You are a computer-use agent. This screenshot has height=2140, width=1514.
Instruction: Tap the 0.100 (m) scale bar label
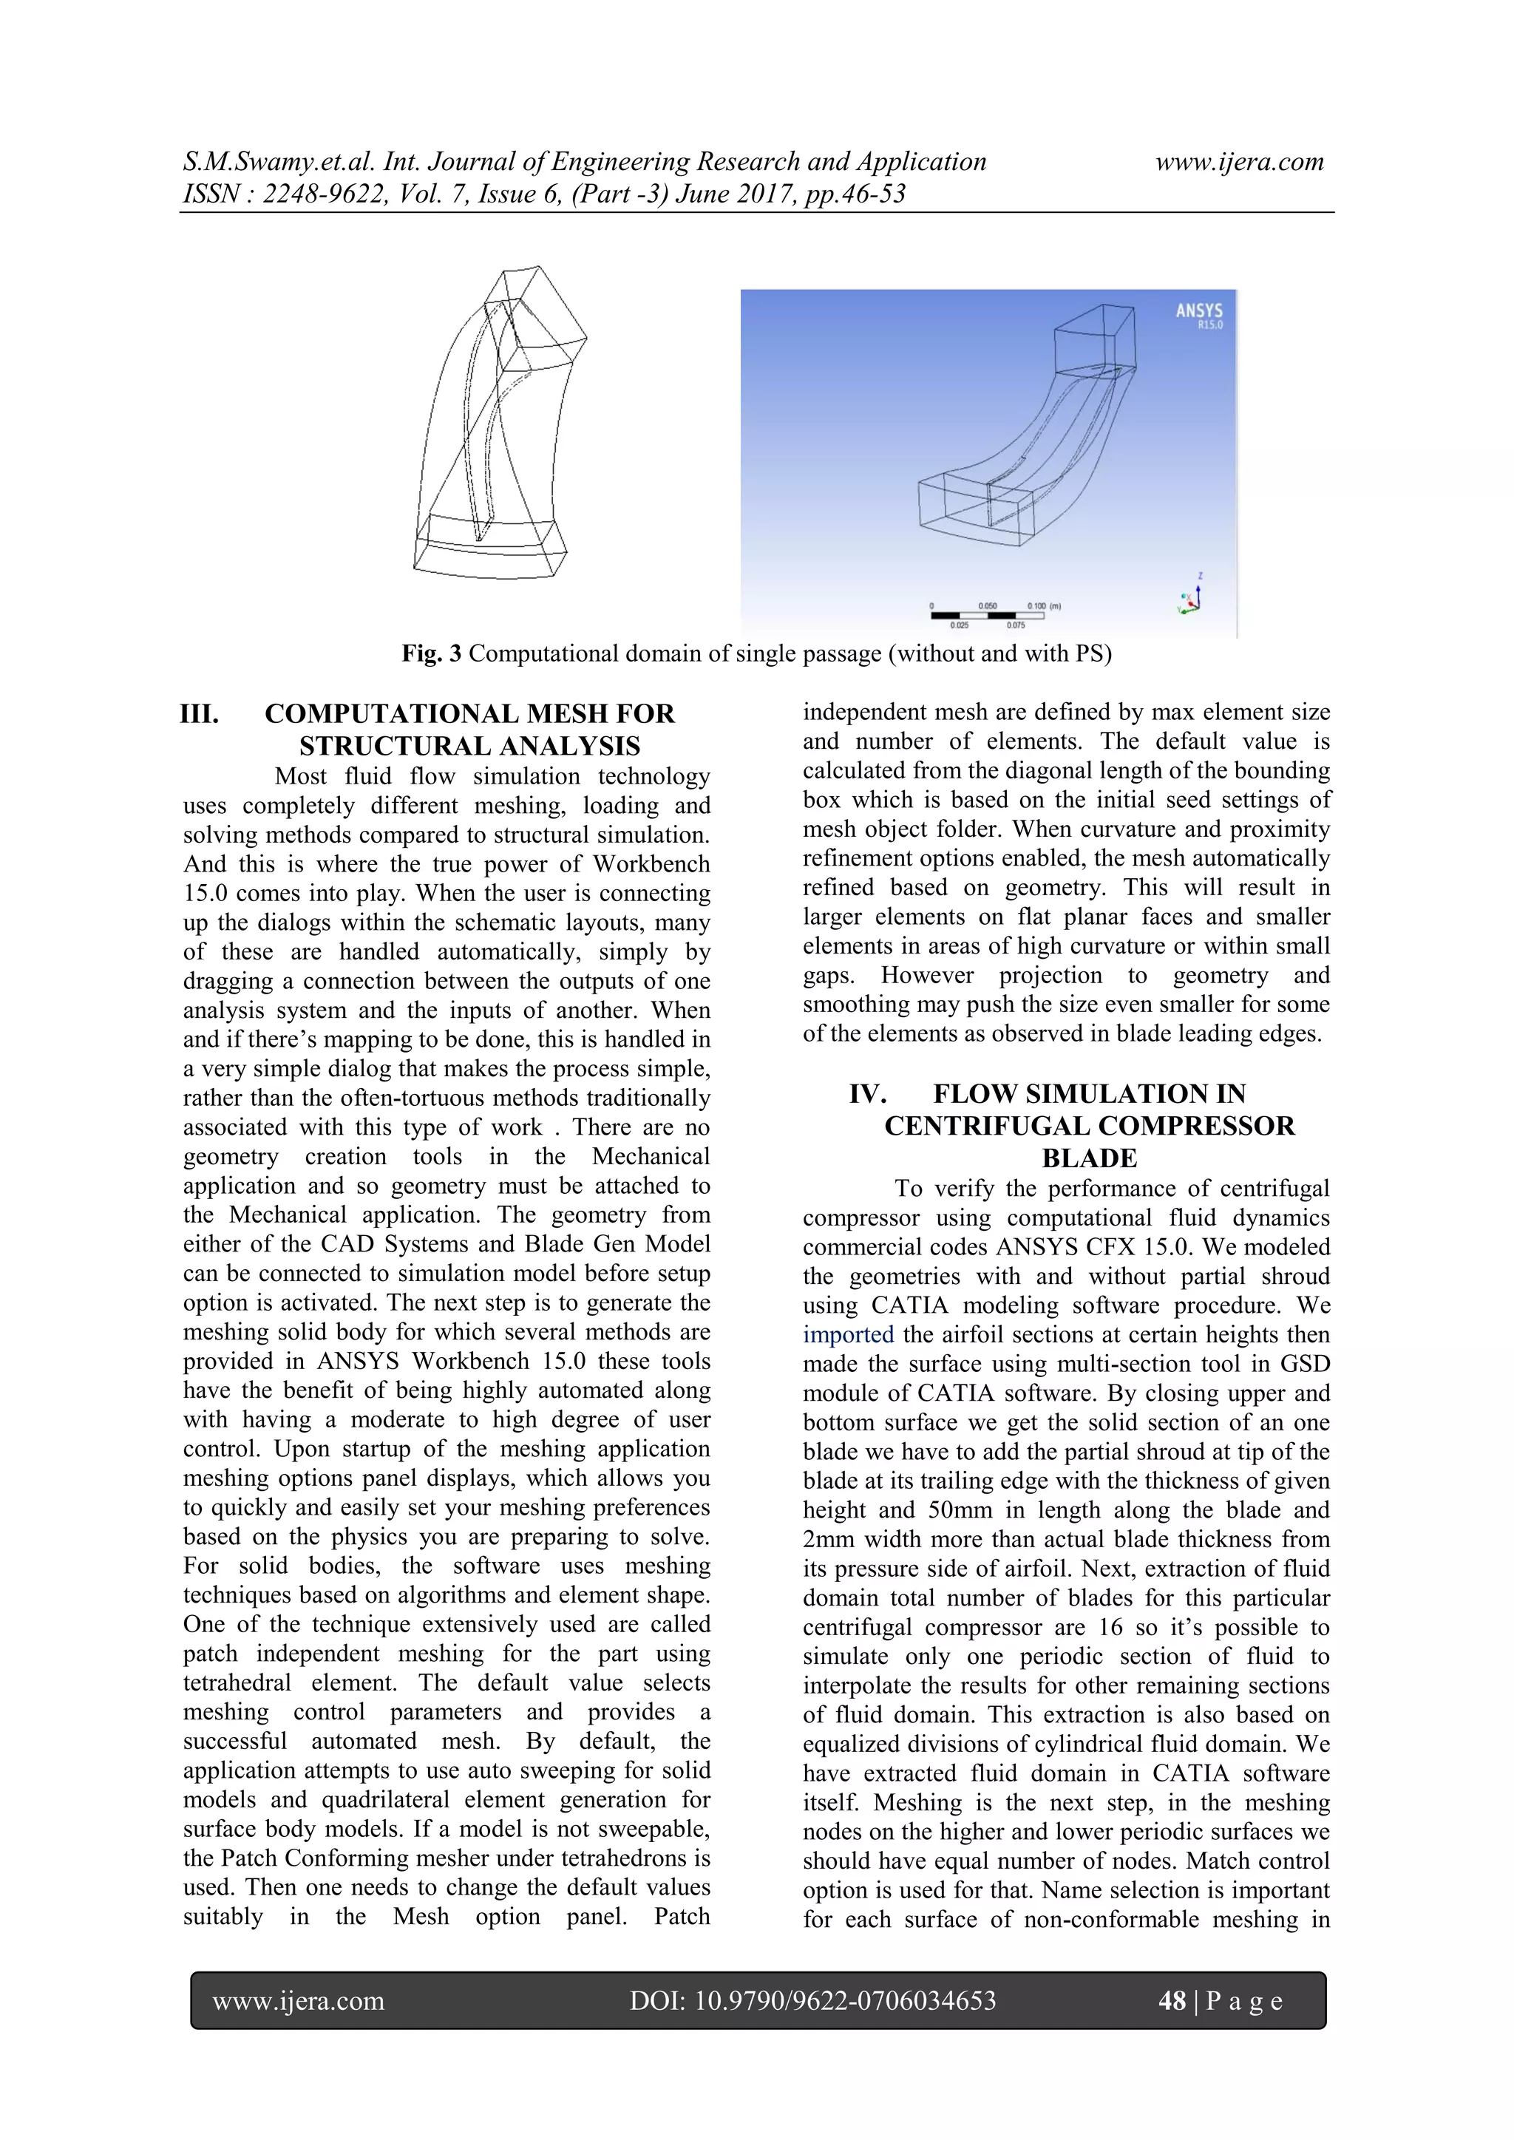tap(1043, 606)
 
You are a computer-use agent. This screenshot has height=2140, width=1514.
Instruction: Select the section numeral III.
tap(200, 715)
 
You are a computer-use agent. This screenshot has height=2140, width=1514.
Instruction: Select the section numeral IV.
tap(867, 1094)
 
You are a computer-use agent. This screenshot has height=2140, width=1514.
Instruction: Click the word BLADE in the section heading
tap(1089, 1158)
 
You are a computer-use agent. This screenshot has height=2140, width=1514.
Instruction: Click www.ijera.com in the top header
tap(1239, 162)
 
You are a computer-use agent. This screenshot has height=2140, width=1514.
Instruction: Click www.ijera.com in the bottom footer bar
tap(299, 2000)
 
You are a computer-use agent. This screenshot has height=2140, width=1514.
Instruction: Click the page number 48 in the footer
tap(1171, 2000)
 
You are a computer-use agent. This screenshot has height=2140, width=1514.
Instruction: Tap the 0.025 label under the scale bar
tap(958, 625)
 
